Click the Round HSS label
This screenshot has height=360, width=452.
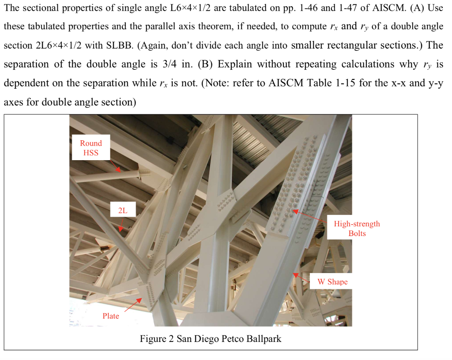point(90,148)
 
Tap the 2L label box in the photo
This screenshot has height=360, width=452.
point(122,211)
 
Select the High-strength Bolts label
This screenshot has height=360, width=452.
point(357,229)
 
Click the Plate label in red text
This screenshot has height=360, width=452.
point(111,316)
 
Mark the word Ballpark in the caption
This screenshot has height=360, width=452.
point(261,339)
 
